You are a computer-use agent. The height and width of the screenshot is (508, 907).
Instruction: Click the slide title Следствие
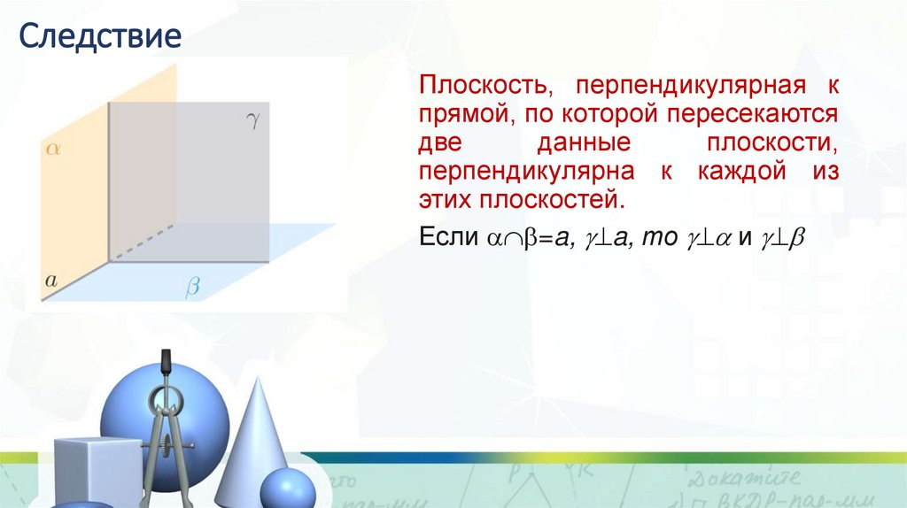101,36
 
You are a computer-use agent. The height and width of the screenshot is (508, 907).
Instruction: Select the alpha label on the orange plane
52,150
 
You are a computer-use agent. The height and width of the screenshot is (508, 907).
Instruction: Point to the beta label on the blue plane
193,287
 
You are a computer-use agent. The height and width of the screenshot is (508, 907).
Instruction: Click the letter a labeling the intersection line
50,281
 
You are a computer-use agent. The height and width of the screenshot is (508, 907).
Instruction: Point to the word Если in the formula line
446,238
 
